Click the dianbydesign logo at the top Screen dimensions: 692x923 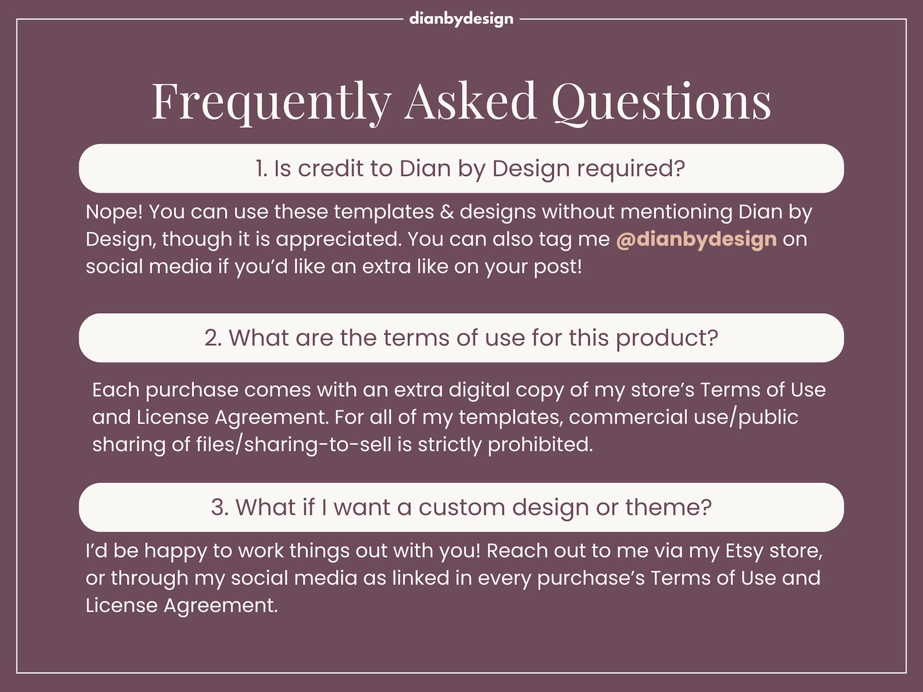pyautogui.click(x=461, y=19)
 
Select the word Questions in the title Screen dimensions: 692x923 pyautogui.click(x=661, y=102)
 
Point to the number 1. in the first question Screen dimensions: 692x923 pyautogui.click(x=262, y=168)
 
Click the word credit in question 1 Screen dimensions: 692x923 pyautogui.click(x=330, y=168)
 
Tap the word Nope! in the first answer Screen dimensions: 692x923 pyautogui.click(x=114, y=211)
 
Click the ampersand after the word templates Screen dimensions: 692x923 pyautogui.click(x=446, y=211)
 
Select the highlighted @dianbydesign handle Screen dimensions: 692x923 pyautogui.click(x=696, y=239)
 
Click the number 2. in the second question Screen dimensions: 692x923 pyautogui.click(x=213, y=338)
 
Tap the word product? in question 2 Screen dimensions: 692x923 pyautogui.click(x=667, y=338)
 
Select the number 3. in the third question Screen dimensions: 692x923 pyautogui.click(x=220, y=508)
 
